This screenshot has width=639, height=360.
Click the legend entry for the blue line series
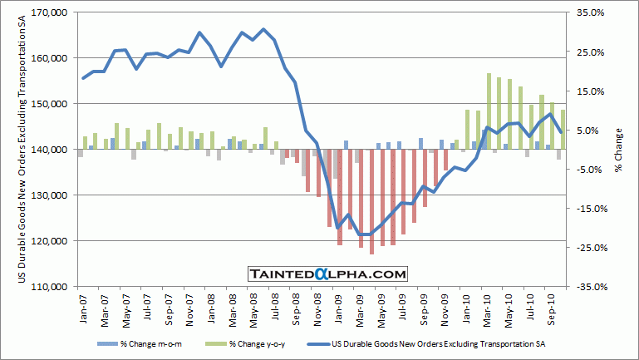pos(432,343)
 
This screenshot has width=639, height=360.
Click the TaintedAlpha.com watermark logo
pos(327,274)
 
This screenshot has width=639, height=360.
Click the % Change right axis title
pos(620,150)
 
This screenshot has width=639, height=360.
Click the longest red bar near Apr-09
pos(371,201)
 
